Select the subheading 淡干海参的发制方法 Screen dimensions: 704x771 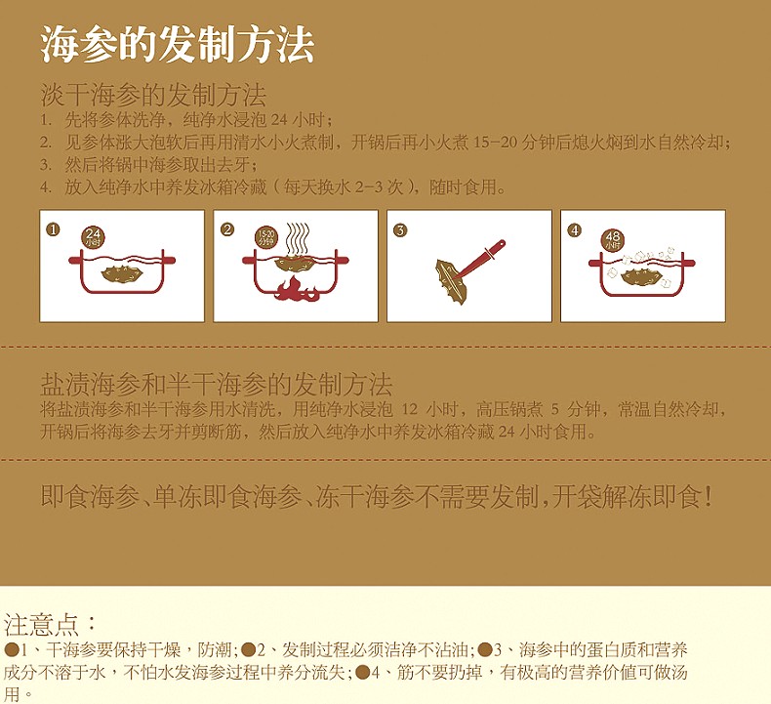pos(153,96)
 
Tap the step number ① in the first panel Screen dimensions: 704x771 pos(54,229)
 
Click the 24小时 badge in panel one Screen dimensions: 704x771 pos(93,237)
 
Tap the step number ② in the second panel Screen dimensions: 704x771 pos(227,229)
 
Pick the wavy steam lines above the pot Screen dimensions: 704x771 pos(297,237)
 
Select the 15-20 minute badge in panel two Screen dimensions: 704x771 pos(266,237)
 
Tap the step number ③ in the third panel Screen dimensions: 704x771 pos(400,229)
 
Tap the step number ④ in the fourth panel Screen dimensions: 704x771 pos(574,229)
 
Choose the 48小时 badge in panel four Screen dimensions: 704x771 pos(613,238)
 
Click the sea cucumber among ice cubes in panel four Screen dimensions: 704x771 pos(641,276)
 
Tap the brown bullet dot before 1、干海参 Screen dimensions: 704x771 pos(11,648)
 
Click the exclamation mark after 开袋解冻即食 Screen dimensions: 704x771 pos(708,497)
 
